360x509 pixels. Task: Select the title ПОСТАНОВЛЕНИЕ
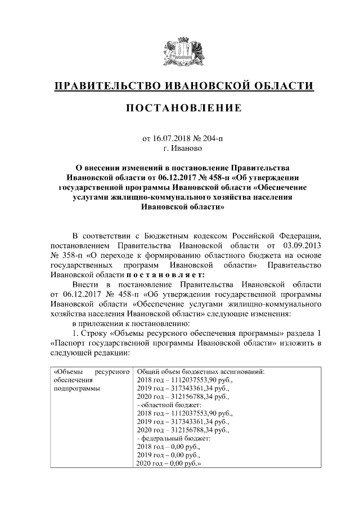[x=180, y=107]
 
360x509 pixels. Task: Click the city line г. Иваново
[x=180, y=148]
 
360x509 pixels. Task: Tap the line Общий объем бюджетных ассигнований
[x=200, y=371]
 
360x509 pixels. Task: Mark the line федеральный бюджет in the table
[x=169, y=438]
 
